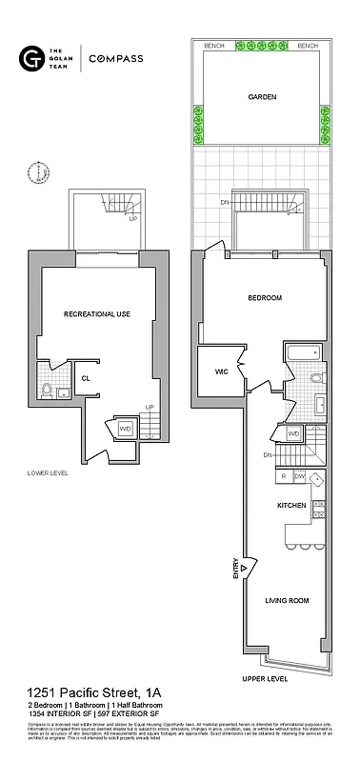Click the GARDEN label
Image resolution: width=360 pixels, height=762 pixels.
[x=262, y=97]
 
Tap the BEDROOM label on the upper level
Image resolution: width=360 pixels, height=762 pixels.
[x=265, y=298]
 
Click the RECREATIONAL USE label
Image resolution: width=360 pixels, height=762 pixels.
[x=97, y=313]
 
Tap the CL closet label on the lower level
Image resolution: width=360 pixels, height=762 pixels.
[x=85, y=378]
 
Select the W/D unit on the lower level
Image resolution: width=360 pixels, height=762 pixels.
[x=125, y=429]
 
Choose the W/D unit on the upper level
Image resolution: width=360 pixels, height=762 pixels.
[x=293, y=434]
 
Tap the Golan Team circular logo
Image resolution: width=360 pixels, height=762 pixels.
[x=29, y=59]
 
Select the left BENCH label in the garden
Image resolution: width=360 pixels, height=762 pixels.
[x=215, y=46]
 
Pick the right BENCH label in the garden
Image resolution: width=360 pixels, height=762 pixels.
[x=308, y=46]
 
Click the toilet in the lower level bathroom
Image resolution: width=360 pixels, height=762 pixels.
[x=47, y=389]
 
